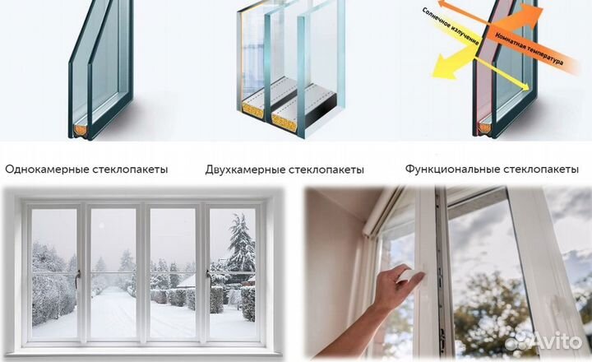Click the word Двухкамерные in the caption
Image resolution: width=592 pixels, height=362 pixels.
(243, 169)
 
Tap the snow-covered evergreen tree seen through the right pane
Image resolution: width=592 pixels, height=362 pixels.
(240, 247)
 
